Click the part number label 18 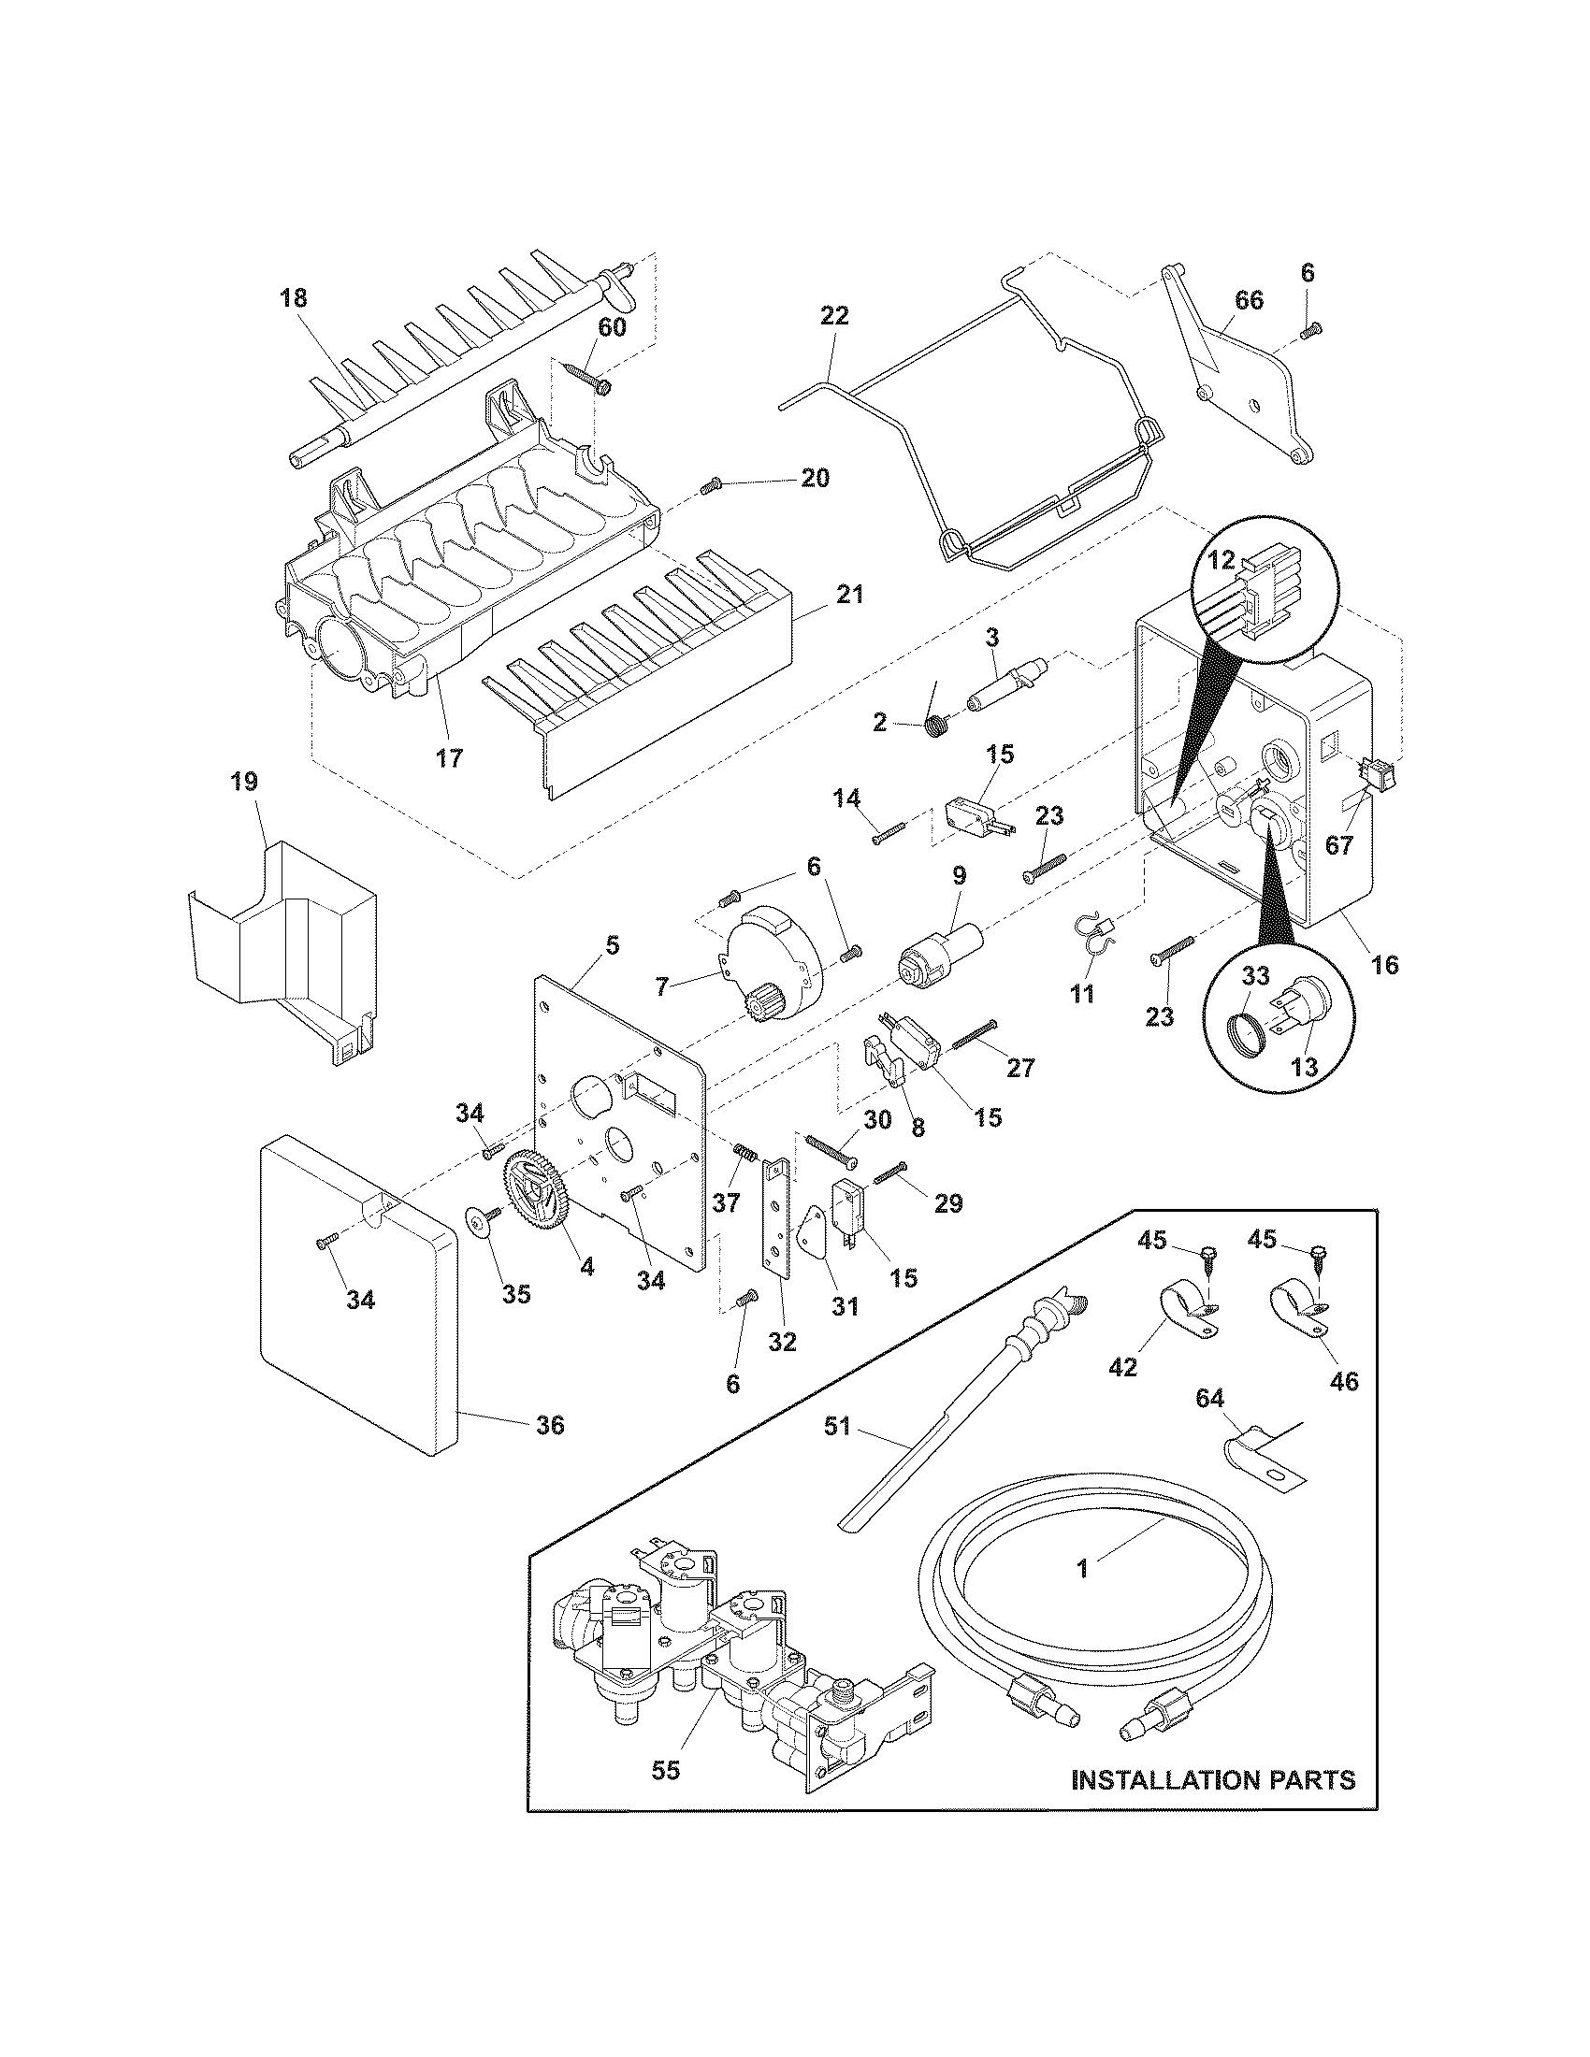click(293, 298)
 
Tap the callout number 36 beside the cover click(550, 1425)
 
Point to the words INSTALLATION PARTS click(1213, 1778)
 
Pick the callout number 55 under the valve click(665, 1770)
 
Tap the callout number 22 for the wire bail click(834, 316)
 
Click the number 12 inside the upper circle click(1221, 560)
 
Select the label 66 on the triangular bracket click(1249, 300)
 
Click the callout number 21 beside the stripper click(848, 596)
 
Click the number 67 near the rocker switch click(1338, 845)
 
